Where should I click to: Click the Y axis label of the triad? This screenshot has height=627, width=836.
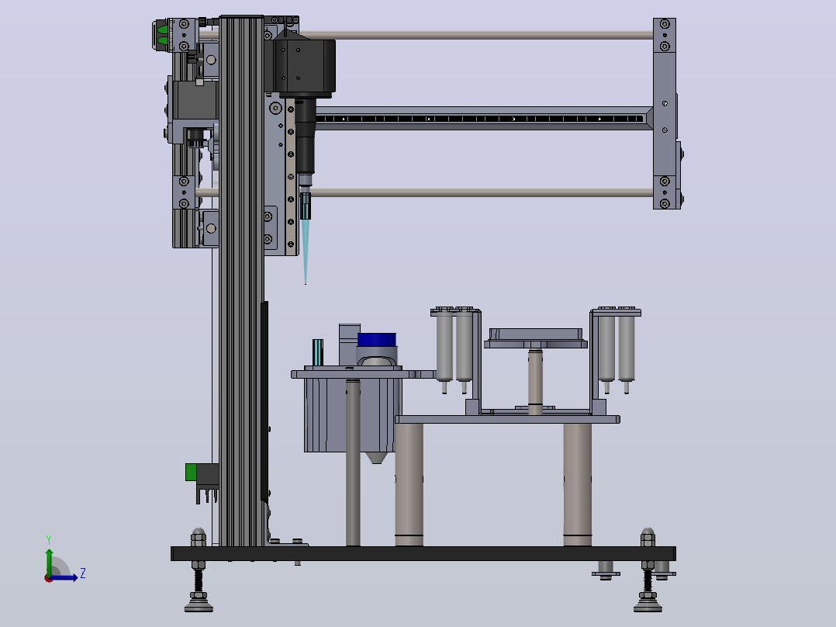click(x=49, y=540)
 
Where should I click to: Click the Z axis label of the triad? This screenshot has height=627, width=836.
click(x=83, y=573)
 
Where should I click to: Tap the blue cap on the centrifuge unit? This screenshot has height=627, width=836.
click(x=376, y=340)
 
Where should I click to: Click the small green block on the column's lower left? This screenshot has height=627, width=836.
click(x=191, y=473)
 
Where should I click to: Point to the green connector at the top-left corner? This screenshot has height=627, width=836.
click(x=163, y=35)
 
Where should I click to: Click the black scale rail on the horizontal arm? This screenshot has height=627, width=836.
click(x=480, y=119)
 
